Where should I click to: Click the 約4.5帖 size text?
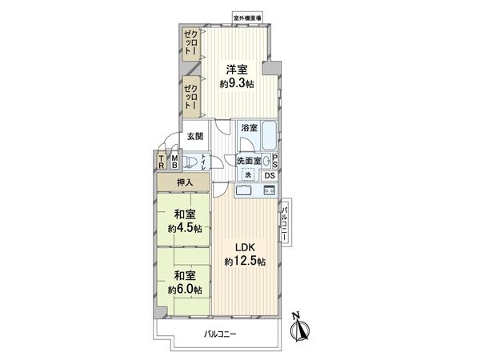185,228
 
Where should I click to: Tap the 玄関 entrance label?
195,137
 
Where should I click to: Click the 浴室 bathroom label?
248,127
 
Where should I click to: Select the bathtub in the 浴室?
266,134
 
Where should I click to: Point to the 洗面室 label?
249,161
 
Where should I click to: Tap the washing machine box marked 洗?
248,175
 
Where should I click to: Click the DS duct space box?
270,175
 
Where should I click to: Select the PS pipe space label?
274,160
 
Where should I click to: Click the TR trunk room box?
161,162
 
